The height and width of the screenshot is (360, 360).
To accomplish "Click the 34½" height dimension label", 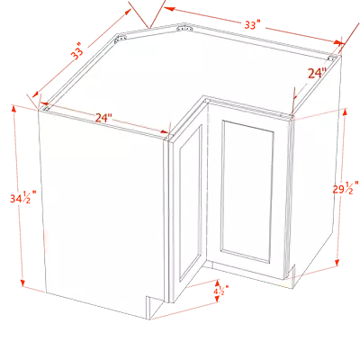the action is click(23, 198).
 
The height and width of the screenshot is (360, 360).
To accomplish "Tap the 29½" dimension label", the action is click(346, 188).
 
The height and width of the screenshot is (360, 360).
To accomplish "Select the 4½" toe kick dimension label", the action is click(221, 291).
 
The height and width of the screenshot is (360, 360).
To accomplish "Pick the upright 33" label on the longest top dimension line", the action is click(252, 25).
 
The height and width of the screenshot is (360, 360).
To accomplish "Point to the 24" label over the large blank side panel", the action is click(103, 118).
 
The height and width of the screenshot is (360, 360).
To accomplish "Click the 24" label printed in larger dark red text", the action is click(317, 73).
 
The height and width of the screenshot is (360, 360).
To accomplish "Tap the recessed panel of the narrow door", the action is click(191, 203).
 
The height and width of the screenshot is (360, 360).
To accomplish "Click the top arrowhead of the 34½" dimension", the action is click(13, 109).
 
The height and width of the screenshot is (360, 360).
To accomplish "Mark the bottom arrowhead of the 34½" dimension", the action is click(22, 283).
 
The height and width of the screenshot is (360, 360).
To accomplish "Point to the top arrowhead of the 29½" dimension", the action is click(345, 112).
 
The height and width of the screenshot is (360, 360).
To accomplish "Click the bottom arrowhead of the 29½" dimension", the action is click(337, 263).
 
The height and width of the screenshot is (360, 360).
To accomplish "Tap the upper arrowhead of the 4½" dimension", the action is click(217, 283).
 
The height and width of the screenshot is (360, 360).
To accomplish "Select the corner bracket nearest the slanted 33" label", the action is click(121, 38).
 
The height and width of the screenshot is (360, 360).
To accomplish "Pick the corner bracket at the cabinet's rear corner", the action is click(184, 29).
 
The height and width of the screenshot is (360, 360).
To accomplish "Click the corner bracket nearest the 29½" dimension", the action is click(331, 58).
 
